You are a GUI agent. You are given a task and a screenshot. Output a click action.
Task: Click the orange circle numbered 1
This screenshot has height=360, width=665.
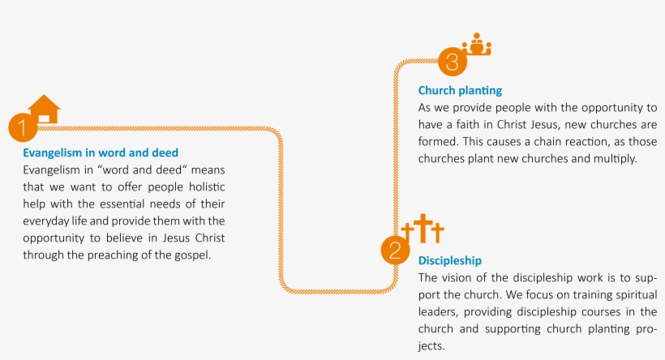pyautogui.click(x=23, y=127)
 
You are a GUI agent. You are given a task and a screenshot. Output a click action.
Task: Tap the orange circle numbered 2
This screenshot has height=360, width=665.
pyautogui.click(x=395, y=251)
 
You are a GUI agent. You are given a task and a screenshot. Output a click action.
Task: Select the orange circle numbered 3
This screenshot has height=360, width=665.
pyautogui.click(x=453, y=62)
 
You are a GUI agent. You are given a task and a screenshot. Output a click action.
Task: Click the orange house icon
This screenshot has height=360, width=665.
pyautogui.click(x=44, y=109)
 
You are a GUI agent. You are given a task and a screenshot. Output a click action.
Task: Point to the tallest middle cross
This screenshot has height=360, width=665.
pyautogui.click(x=423, y=228)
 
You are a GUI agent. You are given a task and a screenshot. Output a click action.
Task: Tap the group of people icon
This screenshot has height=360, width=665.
pyautogui.click(x=477, y=44)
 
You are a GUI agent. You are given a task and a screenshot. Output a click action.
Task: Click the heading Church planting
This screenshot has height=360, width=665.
pyautogui.click(x=460, y=91)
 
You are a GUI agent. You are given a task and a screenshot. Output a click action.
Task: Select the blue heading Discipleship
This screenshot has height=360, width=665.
pyautogui.click(x=450, y=261)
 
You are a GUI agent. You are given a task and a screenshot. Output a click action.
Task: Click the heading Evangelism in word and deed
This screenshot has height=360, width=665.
pyautogui.click(x=101, y=152)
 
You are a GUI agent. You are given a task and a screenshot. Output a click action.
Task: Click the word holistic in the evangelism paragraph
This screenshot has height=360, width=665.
pyautogui.click(x=207, y=187)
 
